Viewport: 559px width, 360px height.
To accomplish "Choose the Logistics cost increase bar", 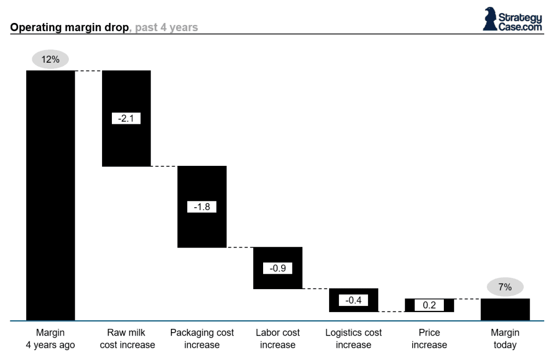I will click(353, 307).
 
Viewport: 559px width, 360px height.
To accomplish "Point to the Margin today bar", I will click(505, 309).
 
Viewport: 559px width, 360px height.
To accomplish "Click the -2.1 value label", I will click(126, 118).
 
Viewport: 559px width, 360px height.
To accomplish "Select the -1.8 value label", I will click(202, 207).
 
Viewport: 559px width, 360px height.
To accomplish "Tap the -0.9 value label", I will click(277, 268).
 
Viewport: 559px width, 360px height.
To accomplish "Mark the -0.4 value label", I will click(353, 300).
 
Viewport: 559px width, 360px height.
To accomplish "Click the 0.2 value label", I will click(429, 305).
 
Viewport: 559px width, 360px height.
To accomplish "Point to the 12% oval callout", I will click(50, 59).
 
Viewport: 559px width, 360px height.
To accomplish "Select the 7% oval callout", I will click(505, 287).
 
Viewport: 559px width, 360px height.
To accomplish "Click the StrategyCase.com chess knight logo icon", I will click(490, 19).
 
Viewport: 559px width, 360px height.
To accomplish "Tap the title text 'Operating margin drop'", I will click(68, 27).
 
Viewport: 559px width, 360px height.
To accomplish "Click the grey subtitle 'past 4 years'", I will click(166, 27).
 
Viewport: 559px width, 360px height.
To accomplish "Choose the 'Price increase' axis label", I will click(429, 339).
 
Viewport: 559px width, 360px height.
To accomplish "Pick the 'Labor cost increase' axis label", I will click(277, 339).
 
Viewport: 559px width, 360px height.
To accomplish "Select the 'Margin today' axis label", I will click(505, 339).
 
